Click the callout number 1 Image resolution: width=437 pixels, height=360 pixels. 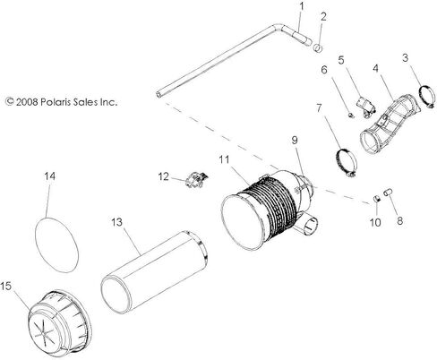(x=301, y=6)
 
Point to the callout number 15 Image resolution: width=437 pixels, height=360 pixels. (x=8, y=287)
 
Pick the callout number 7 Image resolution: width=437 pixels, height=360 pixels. (x=319, y=109)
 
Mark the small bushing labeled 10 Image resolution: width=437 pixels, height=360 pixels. (x=378, y=197)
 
